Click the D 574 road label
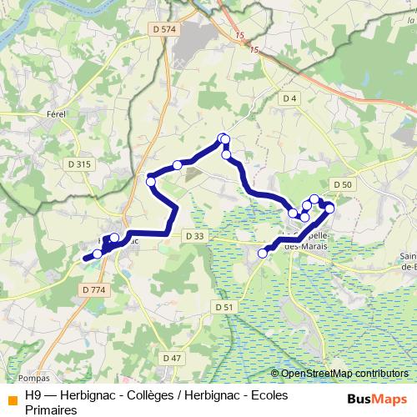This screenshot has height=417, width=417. (166, 29)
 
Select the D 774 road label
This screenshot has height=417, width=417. (94, 289)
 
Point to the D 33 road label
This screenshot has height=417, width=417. (194, 237)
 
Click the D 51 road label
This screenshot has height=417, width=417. (223, 307)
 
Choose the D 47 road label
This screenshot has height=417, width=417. (172, 358)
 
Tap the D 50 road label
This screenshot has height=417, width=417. (342, 184)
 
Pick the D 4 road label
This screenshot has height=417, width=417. (289, 99)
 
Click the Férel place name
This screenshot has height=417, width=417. (57, 113)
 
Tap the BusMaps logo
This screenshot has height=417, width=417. (377, 398)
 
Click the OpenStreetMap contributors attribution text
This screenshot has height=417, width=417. (344, 374)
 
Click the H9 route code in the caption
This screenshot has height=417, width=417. (33, 396)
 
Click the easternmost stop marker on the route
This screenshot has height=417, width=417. (329, 208)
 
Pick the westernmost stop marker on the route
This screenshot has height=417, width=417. (98, 254)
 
